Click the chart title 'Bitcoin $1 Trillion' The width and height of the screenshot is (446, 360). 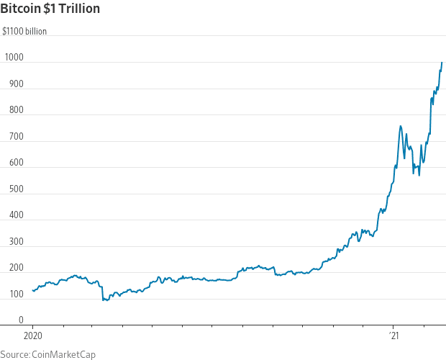pos(50,9)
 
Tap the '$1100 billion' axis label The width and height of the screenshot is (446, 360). pos(25,32)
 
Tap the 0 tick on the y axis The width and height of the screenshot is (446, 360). pos(20,320)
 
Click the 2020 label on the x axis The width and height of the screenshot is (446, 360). pos(32,336)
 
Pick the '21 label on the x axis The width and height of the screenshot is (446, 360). pos(393,336)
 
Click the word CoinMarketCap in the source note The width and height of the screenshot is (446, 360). pos(63,354)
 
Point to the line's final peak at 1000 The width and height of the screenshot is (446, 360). pos(442,63)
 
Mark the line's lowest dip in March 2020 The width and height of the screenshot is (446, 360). pos(104,300)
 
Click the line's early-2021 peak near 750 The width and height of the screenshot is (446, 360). pos(400,126)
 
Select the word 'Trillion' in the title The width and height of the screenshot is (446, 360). pos(79,9)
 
